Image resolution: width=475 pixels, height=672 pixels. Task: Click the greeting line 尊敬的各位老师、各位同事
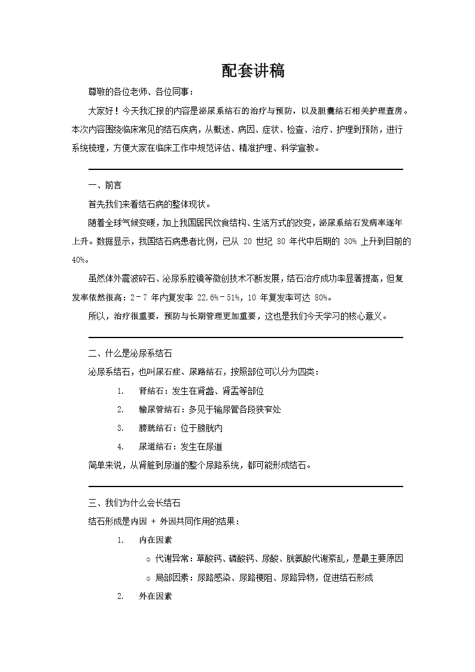pyautogui.click(x=141, y=92)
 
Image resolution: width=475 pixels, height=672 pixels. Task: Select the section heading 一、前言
pyautogui.click(x=105, y=186)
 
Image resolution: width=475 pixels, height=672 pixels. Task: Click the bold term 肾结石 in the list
pyautogui.click(x=152, y=391)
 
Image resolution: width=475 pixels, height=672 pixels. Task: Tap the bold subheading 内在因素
pyautogui.click(x=156, y=540)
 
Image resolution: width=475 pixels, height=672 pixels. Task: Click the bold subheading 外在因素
pyautogui.click(x=156, y=596)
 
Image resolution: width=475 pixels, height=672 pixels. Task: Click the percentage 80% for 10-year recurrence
pyautogui.click(x=321, y=297)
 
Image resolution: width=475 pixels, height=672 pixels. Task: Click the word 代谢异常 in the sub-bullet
pyautogui.click(x=170, y=559)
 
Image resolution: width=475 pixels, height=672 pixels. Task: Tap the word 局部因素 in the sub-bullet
pyautogui.click(x=170, y=577)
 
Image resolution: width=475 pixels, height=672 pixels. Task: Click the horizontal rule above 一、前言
pyautogui.click(x=245, y=169)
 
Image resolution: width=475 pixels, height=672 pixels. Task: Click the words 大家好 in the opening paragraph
pyautogui.click(x=101, y=111)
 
